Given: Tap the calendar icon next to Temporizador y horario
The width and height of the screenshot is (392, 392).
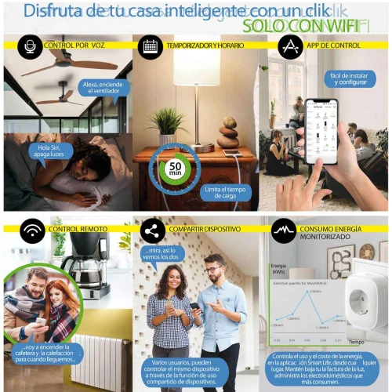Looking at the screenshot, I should coord(150,47).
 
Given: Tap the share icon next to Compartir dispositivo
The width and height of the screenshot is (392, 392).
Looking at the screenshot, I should coord(151,231).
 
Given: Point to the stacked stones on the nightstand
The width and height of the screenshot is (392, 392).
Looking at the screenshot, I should coord(230,132).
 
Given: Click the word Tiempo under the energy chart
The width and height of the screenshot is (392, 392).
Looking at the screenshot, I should coord(357,342).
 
